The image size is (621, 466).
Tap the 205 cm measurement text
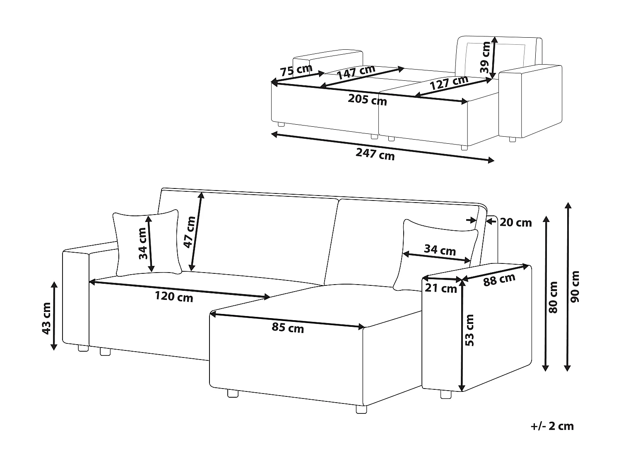pos(368,100)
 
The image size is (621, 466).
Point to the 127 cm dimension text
pos(449,83)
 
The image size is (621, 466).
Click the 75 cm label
pos(296,70)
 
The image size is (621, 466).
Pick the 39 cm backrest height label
pos(485,58)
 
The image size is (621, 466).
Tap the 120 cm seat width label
pos(174,297)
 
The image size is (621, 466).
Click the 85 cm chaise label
pos(288,328)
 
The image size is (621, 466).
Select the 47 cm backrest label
pos(189,232)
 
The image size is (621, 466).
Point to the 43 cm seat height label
pos(46,318)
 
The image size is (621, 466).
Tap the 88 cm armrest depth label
pos(499,280)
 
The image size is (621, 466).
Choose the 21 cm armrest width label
pos(441,287)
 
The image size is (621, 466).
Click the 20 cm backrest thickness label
pos(515,222)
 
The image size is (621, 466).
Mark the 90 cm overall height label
pos(575,287)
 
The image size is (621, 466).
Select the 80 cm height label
pos(553,297)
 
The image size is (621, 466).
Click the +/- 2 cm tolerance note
pos(552,426)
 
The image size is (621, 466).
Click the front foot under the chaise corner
pos(361,409)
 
